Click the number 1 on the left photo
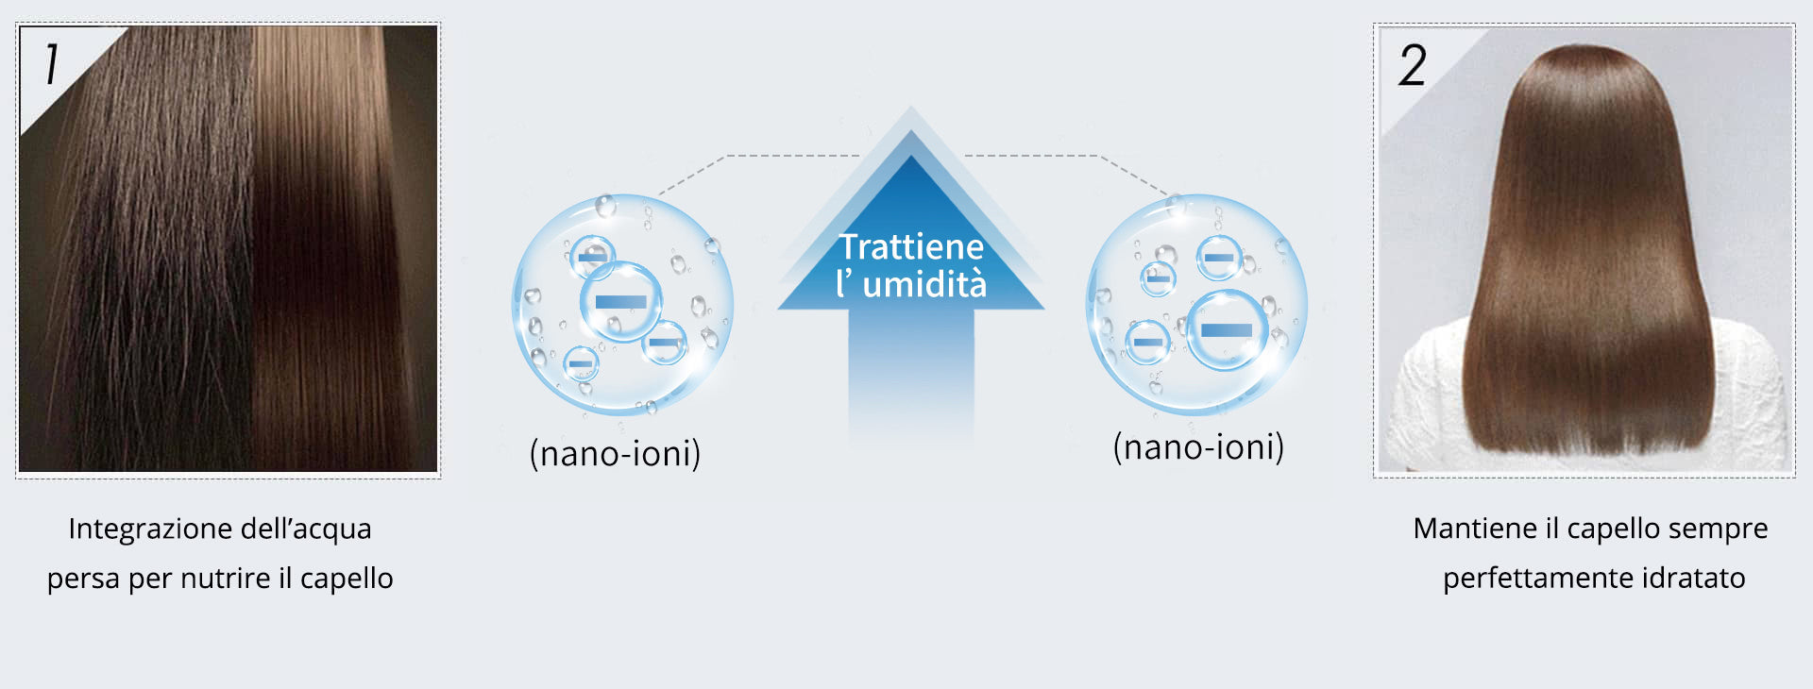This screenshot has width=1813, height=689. (x=52, y=64)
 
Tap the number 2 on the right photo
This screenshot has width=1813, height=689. (x=1413, y=65)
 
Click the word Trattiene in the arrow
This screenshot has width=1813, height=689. (x=911, y=246)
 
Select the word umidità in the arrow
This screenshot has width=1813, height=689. (x=924, y=284)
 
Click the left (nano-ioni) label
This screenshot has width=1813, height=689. (x=615, y=453)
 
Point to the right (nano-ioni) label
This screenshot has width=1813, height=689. (x=1198, y=446)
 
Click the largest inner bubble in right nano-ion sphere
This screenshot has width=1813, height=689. (x=1226, y=330)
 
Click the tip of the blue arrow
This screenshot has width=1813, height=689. (x=910, y=107)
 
